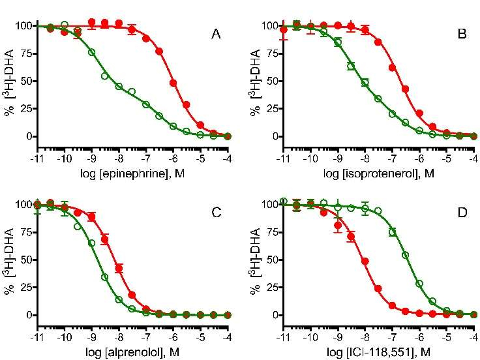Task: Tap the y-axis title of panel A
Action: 8,81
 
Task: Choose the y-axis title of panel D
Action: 254,260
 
